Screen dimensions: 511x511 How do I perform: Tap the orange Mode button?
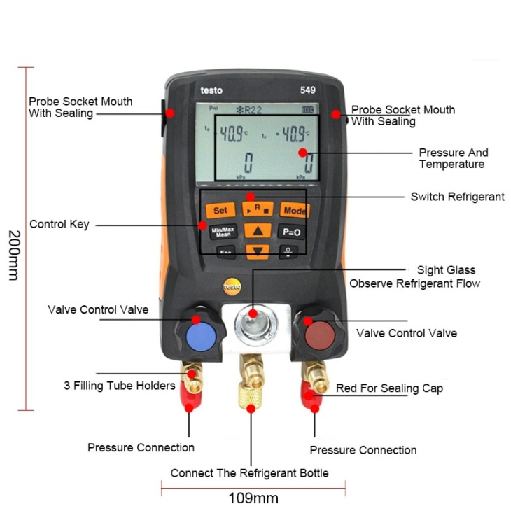click(294, 210)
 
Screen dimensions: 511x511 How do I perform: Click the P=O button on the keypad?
click(290, 232)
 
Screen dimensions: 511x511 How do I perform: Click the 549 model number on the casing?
click(308, 90)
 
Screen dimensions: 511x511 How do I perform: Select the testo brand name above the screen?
click(211, 90)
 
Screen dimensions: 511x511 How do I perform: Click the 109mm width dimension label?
click(253, 498)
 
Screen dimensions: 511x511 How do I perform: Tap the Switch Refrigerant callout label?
click(458, 197)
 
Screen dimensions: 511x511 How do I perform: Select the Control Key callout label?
click(59, 224)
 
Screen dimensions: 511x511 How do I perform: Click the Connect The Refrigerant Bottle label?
click(249, 473)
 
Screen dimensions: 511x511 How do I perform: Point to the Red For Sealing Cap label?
click(389, 388)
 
